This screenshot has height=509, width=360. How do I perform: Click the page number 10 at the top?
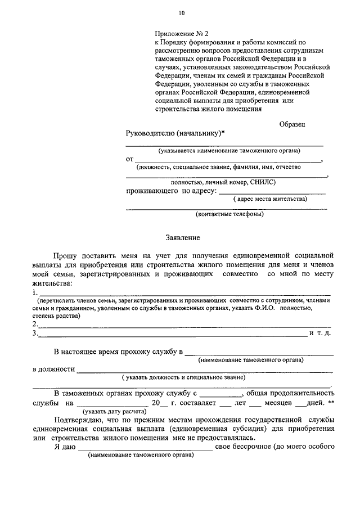(x=181, y=13)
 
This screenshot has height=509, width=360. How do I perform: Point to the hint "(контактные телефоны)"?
(x=229, y=214)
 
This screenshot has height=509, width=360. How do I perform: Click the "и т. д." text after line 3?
(x=323, y=334)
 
